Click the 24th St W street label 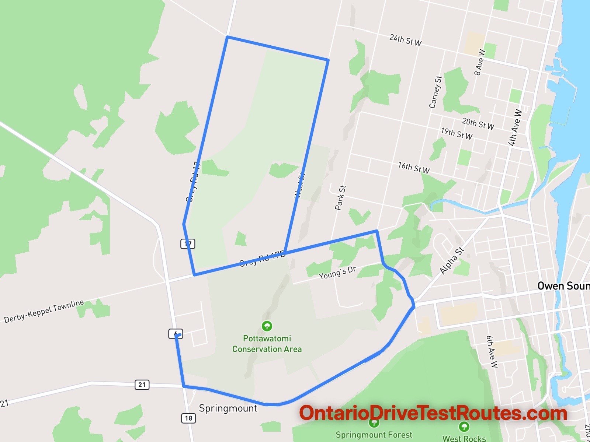405,40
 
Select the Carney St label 435,92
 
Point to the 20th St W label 478,123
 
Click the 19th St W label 457,133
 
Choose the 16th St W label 414,168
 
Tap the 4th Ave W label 515,127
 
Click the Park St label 340,197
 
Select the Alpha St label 452,261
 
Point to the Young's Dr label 337,273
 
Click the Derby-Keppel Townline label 44,311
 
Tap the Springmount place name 228,408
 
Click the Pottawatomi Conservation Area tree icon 267,326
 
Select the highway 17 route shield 188,243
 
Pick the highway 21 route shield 142,385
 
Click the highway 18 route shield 188,418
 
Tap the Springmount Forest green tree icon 374,423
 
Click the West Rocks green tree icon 464,427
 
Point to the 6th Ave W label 492,351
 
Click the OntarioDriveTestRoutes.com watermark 433,413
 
